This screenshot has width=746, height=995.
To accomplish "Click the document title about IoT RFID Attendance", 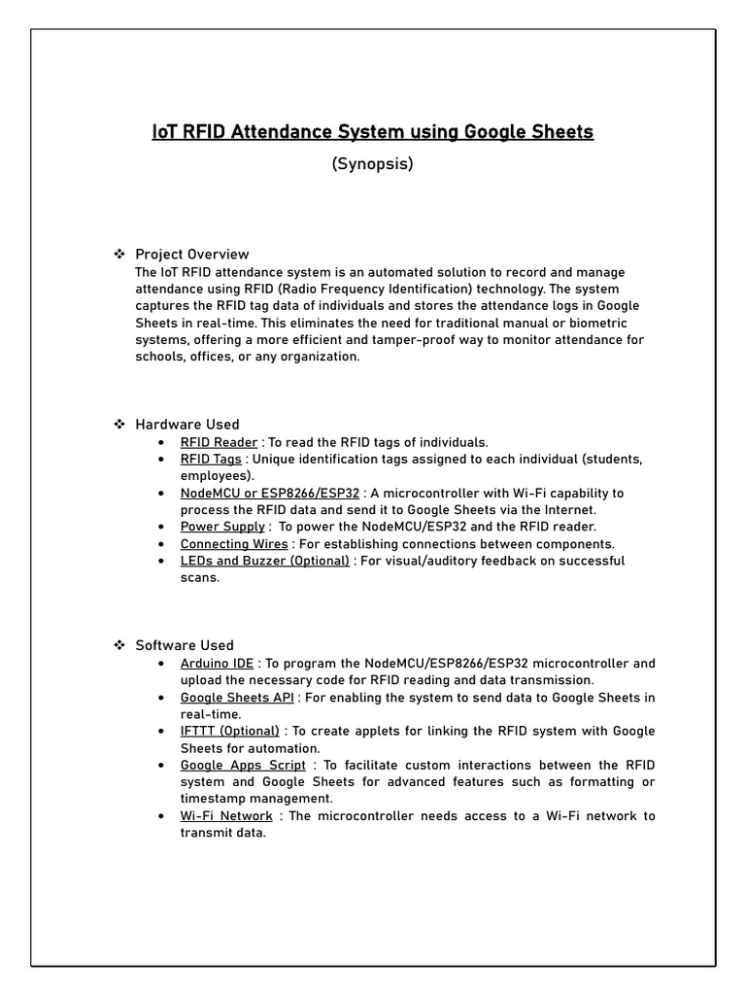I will click(372, 131).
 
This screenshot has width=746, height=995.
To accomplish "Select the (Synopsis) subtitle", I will click(372, 164).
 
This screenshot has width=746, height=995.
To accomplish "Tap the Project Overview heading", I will click(191, 255).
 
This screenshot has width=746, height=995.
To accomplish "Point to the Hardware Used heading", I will click(186, 425).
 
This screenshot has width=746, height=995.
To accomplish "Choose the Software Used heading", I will click(185, 645).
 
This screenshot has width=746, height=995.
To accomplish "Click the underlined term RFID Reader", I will click(219, 442).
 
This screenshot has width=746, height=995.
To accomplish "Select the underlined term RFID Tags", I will click(211, 459).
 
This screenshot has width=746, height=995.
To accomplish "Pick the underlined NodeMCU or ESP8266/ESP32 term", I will click(269, 493).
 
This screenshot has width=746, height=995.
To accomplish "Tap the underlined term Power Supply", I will click(222, 527).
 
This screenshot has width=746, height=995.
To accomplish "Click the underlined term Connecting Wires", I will click(234, 544).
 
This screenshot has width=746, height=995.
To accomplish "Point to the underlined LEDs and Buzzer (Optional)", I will click(264, 561).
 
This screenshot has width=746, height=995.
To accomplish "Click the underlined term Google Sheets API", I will click(237, 698).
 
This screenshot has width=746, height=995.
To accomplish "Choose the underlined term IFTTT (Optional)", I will click(229, 731).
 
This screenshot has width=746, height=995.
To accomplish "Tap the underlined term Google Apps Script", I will click(243, 765).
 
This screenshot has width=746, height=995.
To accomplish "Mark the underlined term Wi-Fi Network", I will click(226, 816).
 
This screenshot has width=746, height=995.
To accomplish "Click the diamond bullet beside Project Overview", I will click(119, 255).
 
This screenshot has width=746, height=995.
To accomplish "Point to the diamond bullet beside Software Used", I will click(119, 645).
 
